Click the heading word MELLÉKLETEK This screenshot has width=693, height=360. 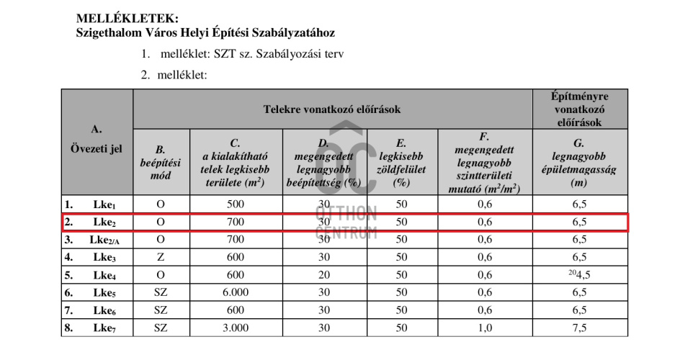point(128,17)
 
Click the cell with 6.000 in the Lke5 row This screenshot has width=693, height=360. point(236,293)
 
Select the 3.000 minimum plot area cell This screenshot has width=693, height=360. point(236,328)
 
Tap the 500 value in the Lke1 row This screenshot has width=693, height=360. point(236,204)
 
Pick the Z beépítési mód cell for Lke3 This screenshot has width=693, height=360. point(161,257)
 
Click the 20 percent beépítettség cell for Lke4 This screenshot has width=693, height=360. point(324,275)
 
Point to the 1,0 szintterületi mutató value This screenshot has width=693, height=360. point(484,328)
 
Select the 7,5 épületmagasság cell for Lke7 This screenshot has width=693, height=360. point(579,328)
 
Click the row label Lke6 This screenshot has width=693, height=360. point(104,310)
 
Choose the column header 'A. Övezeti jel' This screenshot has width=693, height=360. point(97,140)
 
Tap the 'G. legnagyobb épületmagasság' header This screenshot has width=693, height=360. point(579,163)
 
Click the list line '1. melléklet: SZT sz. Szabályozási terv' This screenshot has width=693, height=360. point(242,54)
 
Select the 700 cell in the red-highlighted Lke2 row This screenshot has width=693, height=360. point(236,222)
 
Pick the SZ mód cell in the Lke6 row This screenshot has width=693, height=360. point(161,310)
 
